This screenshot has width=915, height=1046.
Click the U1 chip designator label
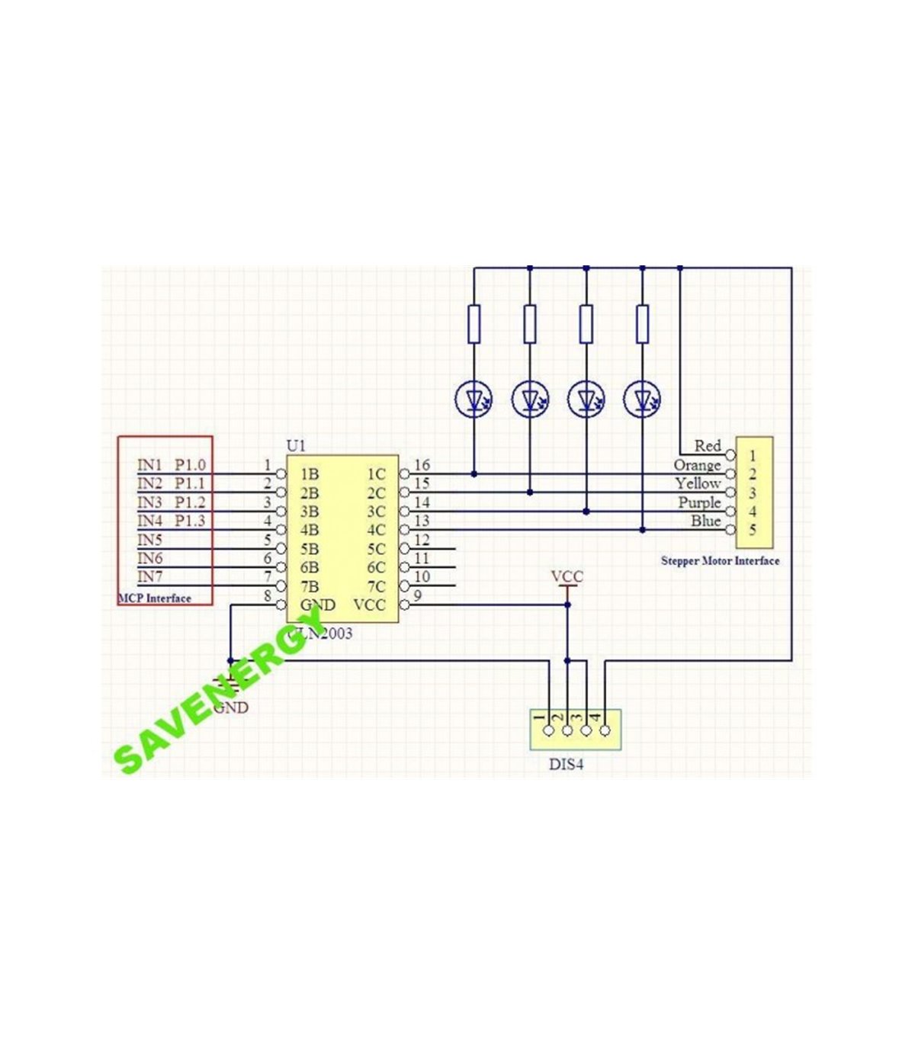(x=296, y=445)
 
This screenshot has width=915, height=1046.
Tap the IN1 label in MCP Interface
(x=149, y=465)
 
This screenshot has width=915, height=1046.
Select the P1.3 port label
(x=190, y=521)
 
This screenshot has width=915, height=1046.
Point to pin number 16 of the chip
(x=422, y=465)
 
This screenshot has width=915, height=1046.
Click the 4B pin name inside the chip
(x=310, y=531)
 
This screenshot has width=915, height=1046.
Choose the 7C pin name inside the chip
(x=376, y=587)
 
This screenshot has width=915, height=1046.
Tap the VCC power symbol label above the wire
(x=567, y=576)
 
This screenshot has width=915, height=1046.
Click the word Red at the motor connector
(x=708, y=446)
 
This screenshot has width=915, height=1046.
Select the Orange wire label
(x=697, y=465)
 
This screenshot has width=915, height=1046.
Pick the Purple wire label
(x=699, y=503)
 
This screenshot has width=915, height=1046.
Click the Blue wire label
(x=705, y=521)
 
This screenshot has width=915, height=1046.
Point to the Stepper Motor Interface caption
(x=720, y=561)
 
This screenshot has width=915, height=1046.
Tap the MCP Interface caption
(x=155, y=598)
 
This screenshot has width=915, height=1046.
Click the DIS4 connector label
(x=567, y=764)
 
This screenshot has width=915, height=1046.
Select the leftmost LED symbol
(x=474, y=399)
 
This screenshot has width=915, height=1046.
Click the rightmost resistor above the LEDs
(x=642, y=323)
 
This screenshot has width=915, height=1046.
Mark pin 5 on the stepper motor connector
(x=753, y=531)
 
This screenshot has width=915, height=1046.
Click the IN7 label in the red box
(x=149, y=577)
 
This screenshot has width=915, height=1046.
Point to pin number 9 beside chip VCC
(x=417, y=595)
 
